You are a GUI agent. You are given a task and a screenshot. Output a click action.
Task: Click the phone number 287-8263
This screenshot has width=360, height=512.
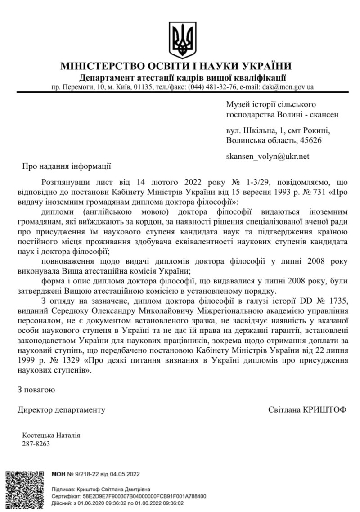click(36, 444)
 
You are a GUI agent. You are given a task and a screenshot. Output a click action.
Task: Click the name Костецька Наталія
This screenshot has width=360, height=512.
click(51, 436)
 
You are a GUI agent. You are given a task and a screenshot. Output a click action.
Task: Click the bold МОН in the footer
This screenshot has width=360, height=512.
click(58, 474)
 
